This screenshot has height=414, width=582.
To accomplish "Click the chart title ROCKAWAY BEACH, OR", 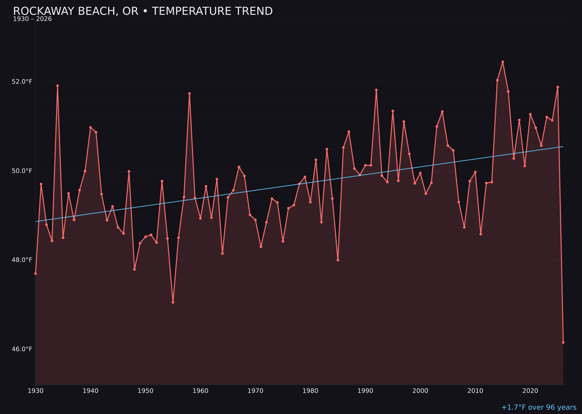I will pos(143,11).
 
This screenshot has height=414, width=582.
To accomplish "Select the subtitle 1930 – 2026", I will pos(32,19).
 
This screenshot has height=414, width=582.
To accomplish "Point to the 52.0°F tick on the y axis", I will pos(22,82).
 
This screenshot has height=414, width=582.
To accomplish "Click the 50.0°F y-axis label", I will pos(22,171).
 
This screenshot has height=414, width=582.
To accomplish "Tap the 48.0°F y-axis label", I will pos(22,260).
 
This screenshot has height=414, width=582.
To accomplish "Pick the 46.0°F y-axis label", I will pos(22,349).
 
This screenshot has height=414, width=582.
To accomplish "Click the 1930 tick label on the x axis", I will pos(36,391).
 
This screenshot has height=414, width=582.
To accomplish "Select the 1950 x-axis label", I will pos(145,391).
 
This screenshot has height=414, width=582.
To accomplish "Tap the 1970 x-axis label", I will pos(255,391).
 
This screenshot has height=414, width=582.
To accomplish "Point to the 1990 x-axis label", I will pos(365,391).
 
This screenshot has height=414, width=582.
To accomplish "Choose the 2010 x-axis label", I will pos(475,391).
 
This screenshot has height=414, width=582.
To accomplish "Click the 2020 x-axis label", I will pos(530,391).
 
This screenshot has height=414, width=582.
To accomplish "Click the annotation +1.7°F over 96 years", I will pos(538,408).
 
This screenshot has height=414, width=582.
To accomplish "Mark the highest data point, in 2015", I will pos(503,62).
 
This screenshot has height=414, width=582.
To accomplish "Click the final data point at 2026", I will pos(563,342).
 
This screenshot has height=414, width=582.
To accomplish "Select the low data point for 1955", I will pos(173,302).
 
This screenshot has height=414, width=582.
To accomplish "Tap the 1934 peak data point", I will pos(58,86).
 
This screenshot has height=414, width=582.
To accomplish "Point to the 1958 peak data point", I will pos(189,94).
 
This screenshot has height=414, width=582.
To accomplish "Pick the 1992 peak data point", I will pos(376,90).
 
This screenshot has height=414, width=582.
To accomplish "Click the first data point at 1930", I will pos(36,273).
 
